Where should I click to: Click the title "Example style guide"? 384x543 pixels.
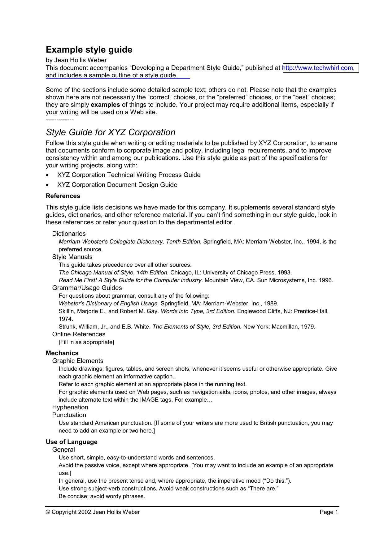[x=89, y=50]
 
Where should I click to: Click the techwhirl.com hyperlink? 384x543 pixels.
[x=319, y=68]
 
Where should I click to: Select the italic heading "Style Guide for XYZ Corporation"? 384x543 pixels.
[x=111, y=132]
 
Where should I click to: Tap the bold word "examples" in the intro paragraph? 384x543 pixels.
[x=105, y=105]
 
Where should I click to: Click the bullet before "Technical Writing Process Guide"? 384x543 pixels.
[x=47, y=175]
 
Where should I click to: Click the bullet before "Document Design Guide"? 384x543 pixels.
[x=47, y=185]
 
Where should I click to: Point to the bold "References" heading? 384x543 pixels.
[x=63, y=196]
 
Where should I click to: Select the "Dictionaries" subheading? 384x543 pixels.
[x=69, y=234]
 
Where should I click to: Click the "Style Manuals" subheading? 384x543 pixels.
[x=72, y=257]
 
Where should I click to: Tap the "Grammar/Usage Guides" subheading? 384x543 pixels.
[x=87, y=288]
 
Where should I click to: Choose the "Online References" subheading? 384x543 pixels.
[x=79, y=334]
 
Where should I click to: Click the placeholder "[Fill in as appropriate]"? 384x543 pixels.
[x=86, y=342]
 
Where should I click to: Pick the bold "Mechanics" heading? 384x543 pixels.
[x=62, y=353]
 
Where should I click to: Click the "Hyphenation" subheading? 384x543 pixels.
[x=70, y=407]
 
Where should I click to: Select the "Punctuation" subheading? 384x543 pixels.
[x=69, y=415]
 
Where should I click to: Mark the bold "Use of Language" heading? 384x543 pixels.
[x=72, y=442]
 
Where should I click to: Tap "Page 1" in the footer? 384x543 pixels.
[x=329, y=512]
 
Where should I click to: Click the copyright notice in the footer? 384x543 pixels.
[x=93, y=512]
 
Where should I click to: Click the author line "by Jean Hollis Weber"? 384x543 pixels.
[x=76, y=60]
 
